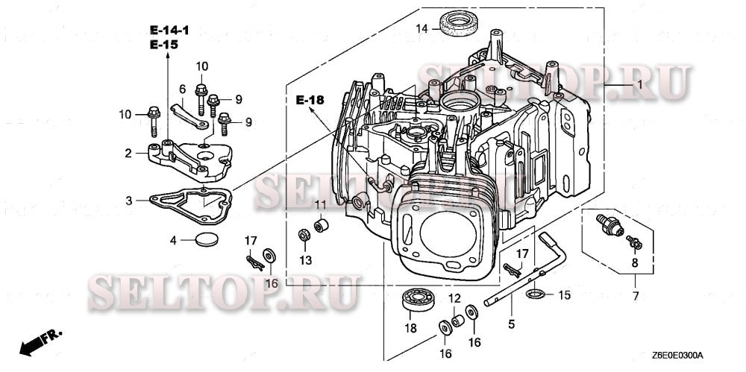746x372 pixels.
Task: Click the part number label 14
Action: (421, 29)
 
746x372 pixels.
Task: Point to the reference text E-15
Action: (163, 45)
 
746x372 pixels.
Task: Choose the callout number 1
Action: (639, 86)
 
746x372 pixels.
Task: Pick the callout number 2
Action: (128, 154)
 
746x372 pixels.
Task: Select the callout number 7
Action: (635, 297)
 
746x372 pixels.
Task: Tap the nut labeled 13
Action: (304, 236)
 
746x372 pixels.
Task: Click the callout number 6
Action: (182, 89)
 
